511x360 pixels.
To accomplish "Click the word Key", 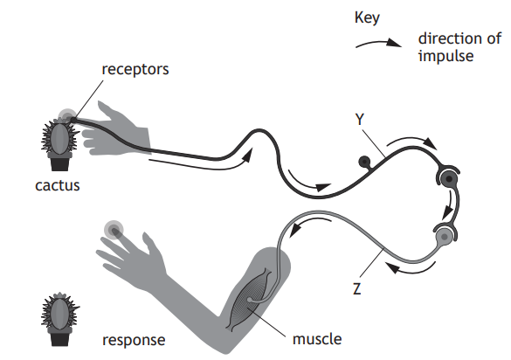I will (x=368, y=17).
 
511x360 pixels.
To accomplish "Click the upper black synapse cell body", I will (x=447, y=180).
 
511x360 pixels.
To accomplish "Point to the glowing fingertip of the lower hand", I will (x=114, y=230).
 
